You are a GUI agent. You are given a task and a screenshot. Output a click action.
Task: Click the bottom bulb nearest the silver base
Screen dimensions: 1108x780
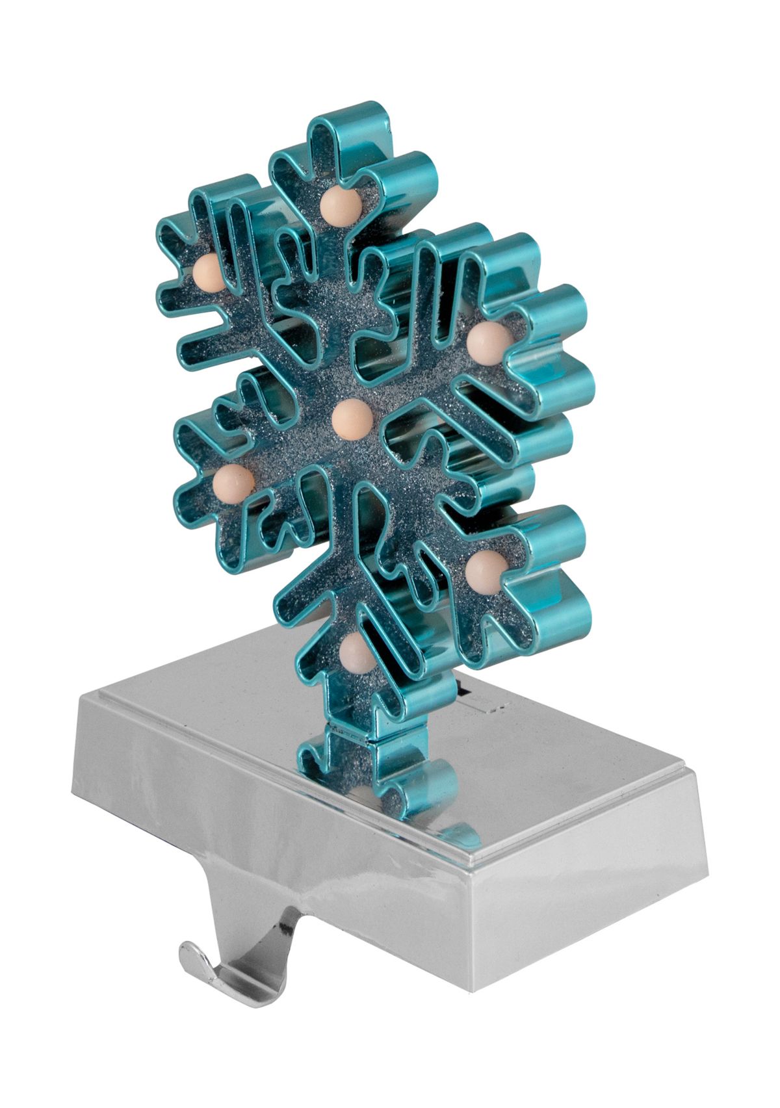pyautogui.click(x=356, y=652)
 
